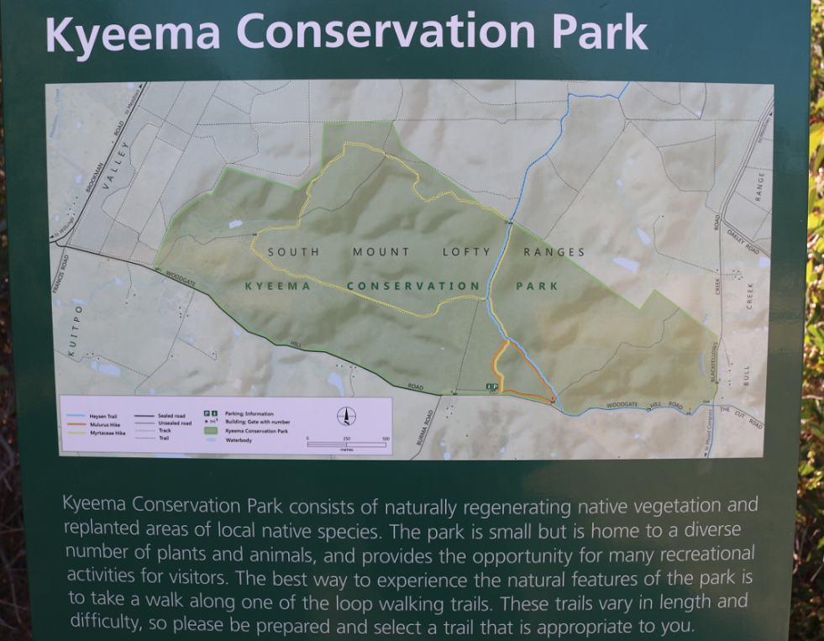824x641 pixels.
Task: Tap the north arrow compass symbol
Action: [346, 416]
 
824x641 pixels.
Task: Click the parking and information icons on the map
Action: [492, 386]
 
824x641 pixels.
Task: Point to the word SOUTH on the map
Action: [293, 251]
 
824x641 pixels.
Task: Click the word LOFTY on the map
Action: [465, 251]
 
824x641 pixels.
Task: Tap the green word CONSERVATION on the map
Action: [413, 286]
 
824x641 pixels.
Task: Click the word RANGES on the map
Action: [554, 251]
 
